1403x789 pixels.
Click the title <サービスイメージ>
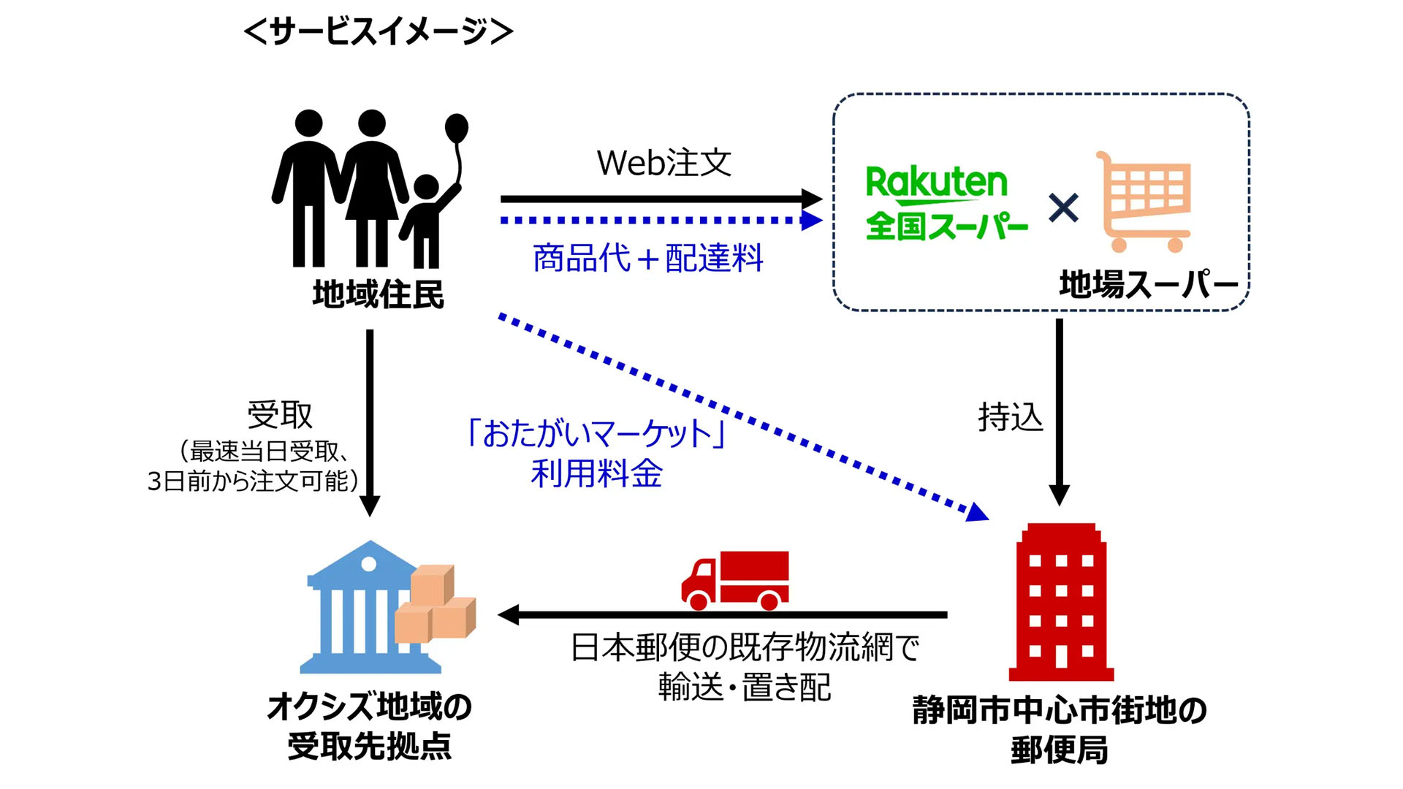[x=379, y=31]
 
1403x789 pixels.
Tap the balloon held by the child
[x=457, y=129]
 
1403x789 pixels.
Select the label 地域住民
[x=378, y=294]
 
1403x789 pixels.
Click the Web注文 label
[x=664, y=162]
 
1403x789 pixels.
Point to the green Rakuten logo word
[x=936, y=182]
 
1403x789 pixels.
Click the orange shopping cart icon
[x=1145, y=202]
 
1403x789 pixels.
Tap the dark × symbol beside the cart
[x=1063, y=207]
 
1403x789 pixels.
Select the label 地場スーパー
[x=1148, y=284]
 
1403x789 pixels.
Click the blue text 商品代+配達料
[x=647, y=258]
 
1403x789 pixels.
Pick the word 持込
[x=1010, y=417]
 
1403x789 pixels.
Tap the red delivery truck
[x=735, y=580]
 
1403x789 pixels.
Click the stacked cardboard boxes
[x=436, y=604]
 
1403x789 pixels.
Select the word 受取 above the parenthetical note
[x=280, y=415]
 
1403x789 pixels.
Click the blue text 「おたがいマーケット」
[x=596, y=432]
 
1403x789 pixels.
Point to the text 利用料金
[x=596, y=473]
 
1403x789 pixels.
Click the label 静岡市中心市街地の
[x=1059, y=709]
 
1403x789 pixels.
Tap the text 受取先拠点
[x=370, y=746]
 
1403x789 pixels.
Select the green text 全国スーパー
[x=946, y=226]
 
